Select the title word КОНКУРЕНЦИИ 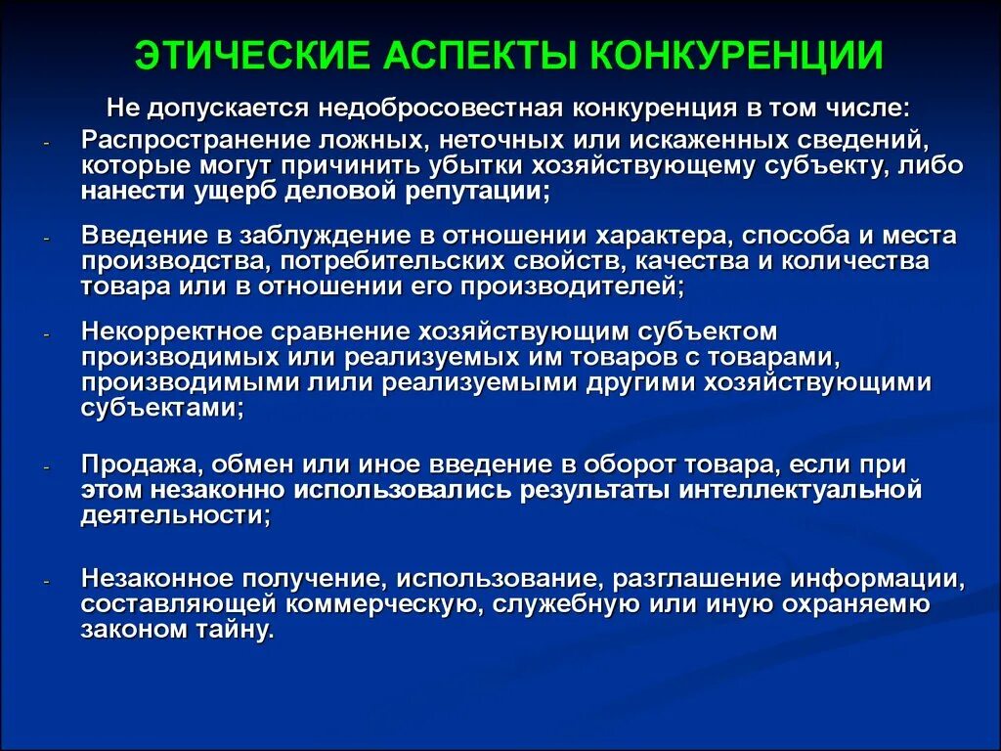coord(738,57)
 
